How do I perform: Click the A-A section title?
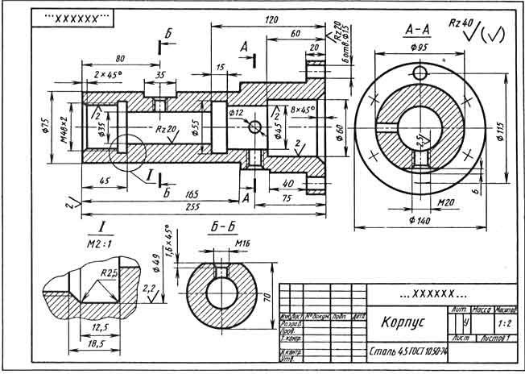(x=417, y=31)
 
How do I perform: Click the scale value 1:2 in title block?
(x=506, y=322)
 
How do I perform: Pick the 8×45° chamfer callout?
(x=304, y=109)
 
